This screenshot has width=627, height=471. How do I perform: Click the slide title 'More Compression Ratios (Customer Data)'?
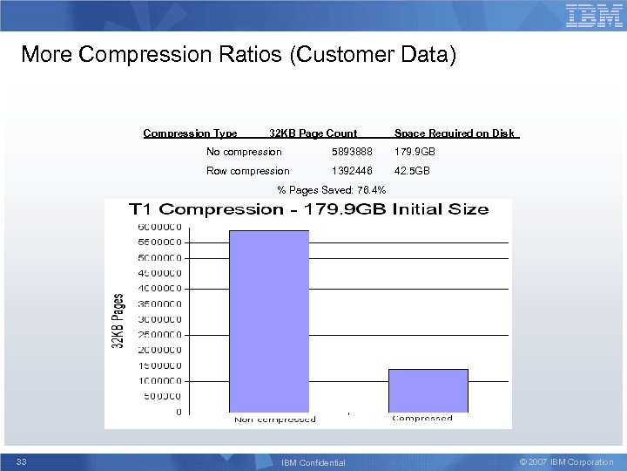(238, 55)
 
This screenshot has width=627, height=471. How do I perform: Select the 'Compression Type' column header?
(190, 133)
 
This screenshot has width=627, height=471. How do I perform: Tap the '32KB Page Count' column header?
(313, 133)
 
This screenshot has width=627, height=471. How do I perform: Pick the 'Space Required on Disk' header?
(454, 133)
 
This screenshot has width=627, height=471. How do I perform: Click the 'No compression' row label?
(244, 152)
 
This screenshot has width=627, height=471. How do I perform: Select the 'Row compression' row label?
(247, 171)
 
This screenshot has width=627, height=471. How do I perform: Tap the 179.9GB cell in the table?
(415, 152)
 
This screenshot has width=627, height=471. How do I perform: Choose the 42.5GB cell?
(412, 171)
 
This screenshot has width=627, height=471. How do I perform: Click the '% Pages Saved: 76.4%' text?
(331, 189)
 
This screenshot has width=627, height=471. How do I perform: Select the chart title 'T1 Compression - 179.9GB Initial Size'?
(308, 209)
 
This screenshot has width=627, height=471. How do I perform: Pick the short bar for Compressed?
(428, 390)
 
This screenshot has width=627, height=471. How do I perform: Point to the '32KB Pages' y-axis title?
(118, 321)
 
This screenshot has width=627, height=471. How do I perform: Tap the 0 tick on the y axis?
(179, 412)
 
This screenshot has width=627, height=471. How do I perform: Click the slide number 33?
(22, 461)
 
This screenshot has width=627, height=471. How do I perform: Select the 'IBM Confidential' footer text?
(313, 462)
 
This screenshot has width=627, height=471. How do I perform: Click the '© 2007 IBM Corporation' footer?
(566, 461)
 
